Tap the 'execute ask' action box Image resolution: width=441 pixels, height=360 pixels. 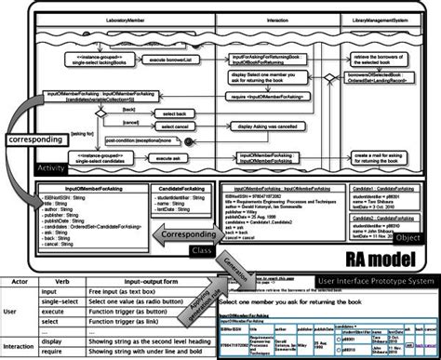click(x=168, y=159)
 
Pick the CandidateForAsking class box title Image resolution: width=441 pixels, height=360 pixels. click(x=172, y=188)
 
